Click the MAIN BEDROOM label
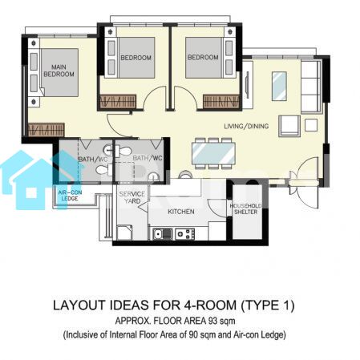coord(59,71)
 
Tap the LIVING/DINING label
coord(246,126)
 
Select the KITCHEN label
coord(181,212)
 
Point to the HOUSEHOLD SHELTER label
coord(245,208)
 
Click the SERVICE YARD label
coord(132,197)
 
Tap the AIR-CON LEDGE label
coord(70,196)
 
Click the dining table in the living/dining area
coord(213,154)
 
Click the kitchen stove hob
coord(184,234)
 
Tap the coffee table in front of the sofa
coord(279,86)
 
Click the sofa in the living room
coord(311,87)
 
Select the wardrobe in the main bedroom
coord(46,130)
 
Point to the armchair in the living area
coord(289,126)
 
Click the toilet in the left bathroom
coord(103,169)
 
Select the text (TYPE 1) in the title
coord(268,305)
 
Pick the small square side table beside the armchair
coord(311,125)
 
